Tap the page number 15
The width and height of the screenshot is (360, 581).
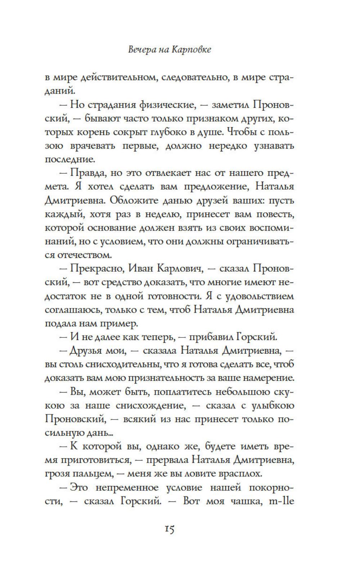coord(170,529)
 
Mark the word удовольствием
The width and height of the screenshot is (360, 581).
coord(257,296)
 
